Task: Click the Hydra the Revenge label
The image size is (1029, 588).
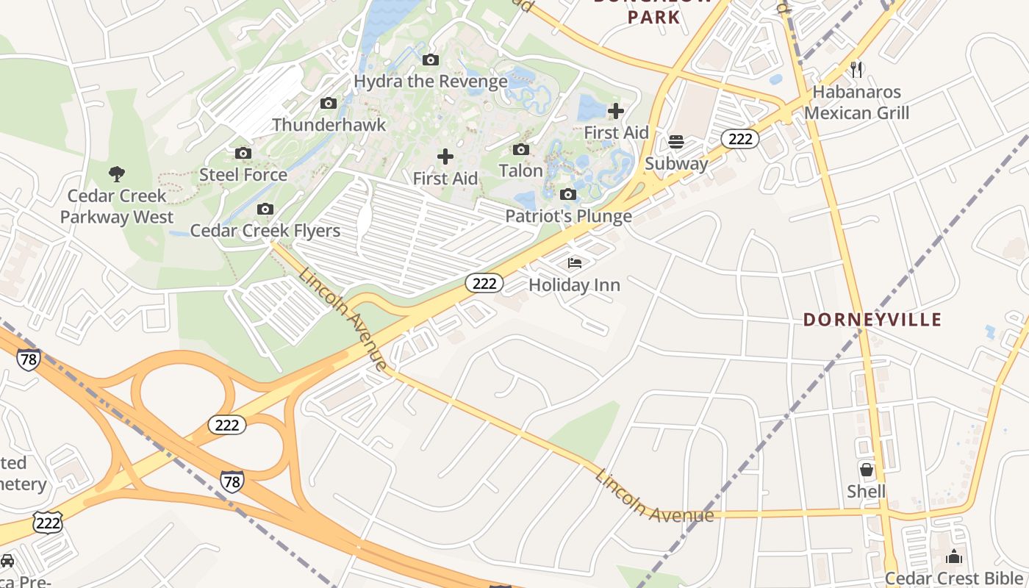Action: coord(431,81)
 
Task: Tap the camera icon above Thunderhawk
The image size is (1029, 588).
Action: coord(329,104)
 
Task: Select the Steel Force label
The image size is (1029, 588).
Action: coord(243,175)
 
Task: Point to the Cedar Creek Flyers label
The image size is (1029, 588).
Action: coord(265,231)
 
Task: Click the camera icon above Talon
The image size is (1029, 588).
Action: coord(520,150)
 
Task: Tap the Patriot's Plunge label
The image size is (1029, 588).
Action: coord(568,216)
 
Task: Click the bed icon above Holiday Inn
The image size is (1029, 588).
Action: coord(575,263)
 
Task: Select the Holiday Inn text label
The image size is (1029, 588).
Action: coord(575,285)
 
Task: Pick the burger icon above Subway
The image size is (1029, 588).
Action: coord(676,142)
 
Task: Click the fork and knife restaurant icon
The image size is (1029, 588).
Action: coord(856,70)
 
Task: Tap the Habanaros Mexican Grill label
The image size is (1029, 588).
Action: coord(856,103)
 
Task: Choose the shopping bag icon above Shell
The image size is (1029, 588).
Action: coord(867,470)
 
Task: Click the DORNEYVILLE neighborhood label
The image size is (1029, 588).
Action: coord(872,320)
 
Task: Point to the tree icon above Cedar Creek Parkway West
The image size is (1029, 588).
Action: coord(116,174)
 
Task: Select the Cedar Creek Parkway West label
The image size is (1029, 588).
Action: coord(117,207)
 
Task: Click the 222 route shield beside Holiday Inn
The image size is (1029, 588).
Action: coord(484,283)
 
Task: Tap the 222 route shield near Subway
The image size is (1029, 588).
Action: coord(739,138)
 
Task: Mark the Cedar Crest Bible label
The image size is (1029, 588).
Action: coord(955,578)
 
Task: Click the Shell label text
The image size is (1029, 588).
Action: coord(867,492)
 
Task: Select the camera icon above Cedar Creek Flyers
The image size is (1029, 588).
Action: coord(265,209)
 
